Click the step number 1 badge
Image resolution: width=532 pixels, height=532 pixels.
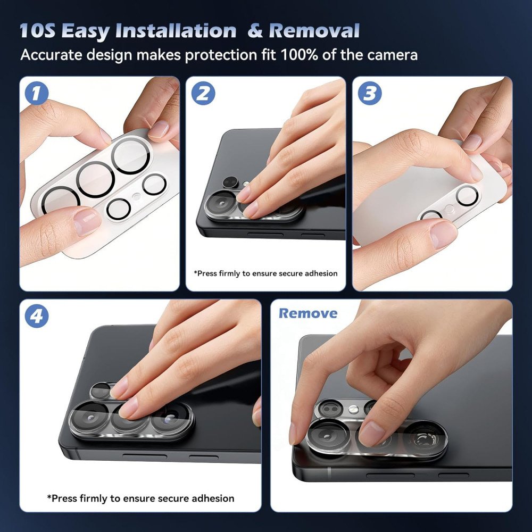point(36,93)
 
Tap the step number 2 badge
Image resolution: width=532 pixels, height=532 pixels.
point(203,93)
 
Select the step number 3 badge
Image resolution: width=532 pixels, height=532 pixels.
point(370,93)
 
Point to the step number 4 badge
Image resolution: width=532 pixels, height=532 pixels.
point(37,316)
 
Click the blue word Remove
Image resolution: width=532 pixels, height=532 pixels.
point(308,313)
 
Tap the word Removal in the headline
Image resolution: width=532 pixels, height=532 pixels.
point(314,31)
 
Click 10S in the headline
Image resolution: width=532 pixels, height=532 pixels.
point(37,31)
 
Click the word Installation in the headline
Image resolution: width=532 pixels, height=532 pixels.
point(176,31)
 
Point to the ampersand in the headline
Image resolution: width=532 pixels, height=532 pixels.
point(255,31)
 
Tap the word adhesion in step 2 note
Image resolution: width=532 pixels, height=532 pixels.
point(321,273)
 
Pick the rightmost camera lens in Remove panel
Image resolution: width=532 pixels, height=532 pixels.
point(425,439)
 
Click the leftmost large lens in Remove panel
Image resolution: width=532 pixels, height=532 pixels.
point(327,437)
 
